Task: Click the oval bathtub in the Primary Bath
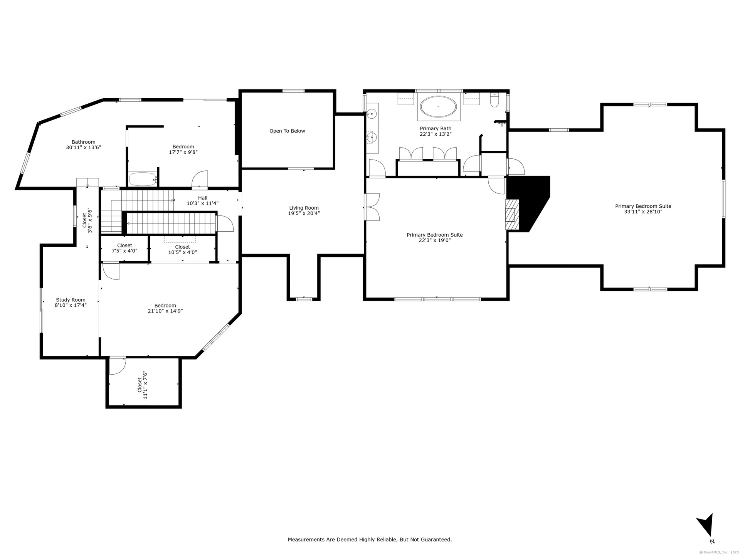tap(438, 106)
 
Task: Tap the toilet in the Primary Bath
tap(494, 100)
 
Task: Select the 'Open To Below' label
tap(287, 131)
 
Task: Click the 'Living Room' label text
tap(304, 208)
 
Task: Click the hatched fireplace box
tap(513, 215)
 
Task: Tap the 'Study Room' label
tap(71, 300)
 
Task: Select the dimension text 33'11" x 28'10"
tap(643, 212)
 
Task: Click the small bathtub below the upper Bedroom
tap(143, 179)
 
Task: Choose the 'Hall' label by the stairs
tap(203, 198)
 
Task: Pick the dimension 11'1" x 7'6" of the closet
tap(145, 385)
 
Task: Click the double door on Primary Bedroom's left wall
tap(372, 207)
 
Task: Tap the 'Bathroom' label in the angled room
tap(84, 142)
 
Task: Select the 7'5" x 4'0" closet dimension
tap(124, 251)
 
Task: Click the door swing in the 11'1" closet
tap(118, 365)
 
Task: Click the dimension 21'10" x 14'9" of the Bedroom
tap(165, 311)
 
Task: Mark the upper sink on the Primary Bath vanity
tap(372, 113)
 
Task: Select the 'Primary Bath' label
tap(436, 129)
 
